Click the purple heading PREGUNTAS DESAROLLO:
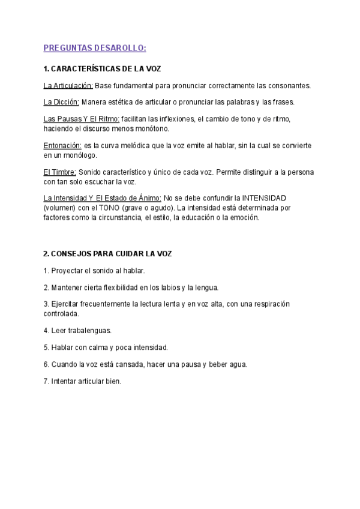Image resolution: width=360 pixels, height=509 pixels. point(95,49)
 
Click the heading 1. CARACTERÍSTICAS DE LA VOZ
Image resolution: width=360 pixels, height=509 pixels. point(103,69)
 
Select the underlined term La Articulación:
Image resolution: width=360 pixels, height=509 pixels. point(68,85)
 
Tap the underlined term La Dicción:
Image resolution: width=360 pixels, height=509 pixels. point(61,102)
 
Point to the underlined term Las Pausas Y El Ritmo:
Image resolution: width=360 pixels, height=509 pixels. point(82,119)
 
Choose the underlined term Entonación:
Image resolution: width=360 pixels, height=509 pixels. point(62,146)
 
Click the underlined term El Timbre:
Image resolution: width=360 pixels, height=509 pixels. point(59,173)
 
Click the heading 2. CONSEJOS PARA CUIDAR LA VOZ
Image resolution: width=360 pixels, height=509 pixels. point(107,254)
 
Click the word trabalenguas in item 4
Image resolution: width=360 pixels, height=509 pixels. point(91,331)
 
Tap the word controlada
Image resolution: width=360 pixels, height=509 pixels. point(61,313)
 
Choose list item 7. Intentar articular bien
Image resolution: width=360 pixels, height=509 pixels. point(82,381)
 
